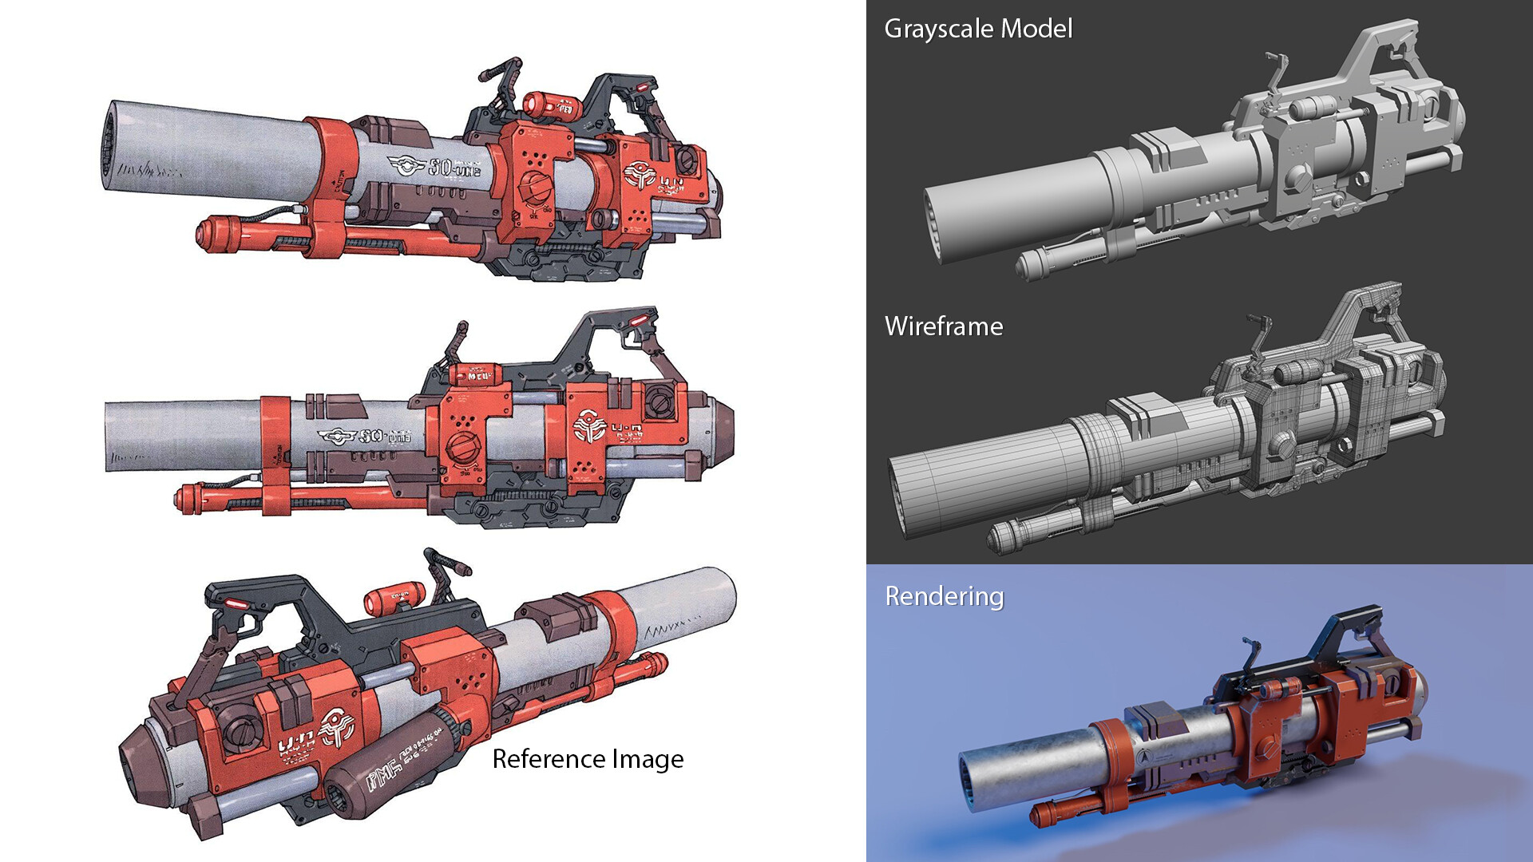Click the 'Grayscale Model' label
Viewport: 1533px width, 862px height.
(x=977, y=29)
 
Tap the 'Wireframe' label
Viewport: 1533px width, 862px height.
(x=943, y=326)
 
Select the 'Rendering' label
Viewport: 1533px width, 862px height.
(x=944, y=596)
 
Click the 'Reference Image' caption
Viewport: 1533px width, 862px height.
(x=588, y=759)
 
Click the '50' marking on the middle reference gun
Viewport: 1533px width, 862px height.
(x=370, y=437)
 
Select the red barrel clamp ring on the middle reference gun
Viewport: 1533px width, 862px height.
(x=275, y=443)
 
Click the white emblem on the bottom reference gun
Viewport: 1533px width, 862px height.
(x=336, y=727)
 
